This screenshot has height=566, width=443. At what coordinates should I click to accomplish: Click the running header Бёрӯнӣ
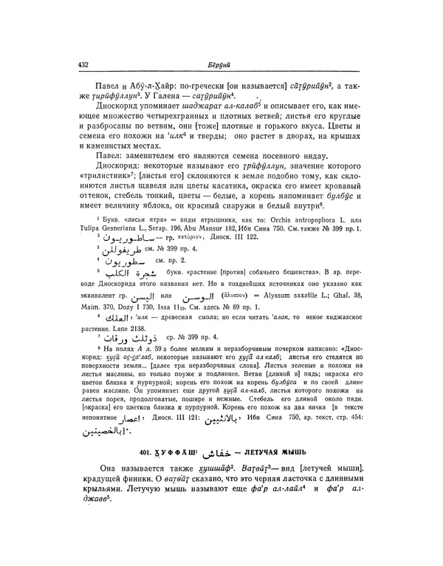point(224,64)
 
